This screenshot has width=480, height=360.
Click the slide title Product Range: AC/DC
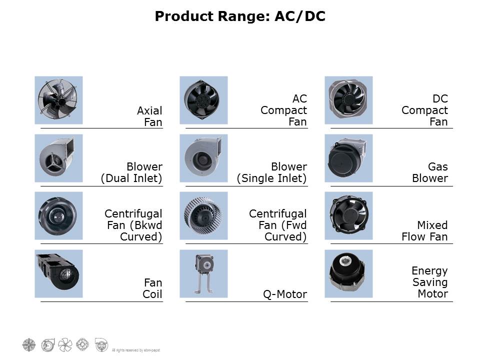[240, 16]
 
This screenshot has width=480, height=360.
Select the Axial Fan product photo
[58, 100]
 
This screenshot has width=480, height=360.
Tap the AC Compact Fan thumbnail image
[203, 100]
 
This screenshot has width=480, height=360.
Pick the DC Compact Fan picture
[348, 100]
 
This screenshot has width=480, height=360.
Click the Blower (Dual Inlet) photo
[58, 158]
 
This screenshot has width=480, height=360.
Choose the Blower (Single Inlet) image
[203, 158]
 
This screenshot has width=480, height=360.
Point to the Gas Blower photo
[348, 158]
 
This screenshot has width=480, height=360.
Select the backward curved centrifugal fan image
[58, 216]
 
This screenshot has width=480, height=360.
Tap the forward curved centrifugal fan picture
[203, 216]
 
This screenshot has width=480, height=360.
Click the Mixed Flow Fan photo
[348, 216]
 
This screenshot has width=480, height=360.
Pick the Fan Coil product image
[58, 273]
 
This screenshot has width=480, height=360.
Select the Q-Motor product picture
[203, 273]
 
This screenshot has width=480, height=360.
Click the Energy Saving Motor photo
[348, 273]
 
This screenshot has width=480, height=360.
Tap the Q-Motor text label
[285, 294]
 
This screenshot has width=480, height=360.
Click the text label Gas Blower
[430, 172]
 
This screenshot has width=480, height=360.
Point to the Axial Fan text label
[149, 116]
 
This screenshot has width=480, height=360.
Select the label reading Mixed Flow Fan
[424, 230]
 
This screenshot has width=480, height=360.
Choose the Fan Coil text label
[152, 288]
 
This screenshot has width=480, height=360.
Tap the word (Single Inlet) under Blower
[271, 178]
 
